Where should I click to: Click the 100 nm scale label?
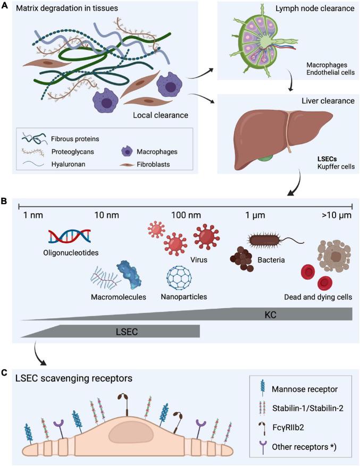186,215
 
